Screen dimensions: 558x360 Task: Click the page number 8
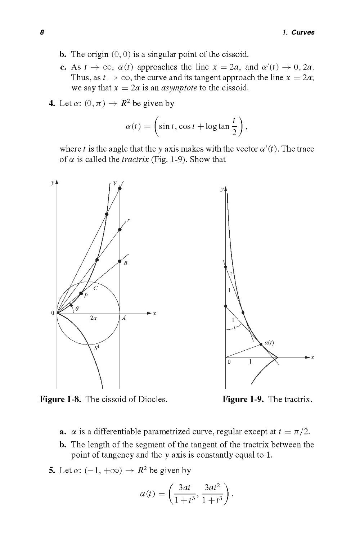pos(42,32)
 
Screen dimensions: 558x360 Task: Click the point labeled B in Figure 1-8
pos(120,261)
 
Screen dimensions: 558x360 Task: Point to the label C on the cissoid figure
pos(95,288)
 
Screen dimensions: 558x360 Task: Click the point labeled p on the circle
pos(81,293)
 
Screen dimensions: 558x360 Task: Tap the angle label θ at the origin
pos(77,309)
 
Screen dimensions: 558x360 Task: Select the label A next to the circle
pos(124,318)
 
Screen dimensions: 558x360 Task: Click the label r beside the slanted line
pos(129,220)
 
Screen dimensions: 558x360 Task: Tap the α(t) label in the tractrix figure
pos(269,343)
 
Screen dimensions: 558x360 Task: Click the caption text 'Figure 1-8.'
pos(61,399)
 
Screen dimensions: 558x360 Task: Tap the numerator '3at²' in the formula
pos(212,488)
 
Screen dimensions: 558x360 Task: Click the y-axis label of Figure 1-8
pos(53,183)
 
